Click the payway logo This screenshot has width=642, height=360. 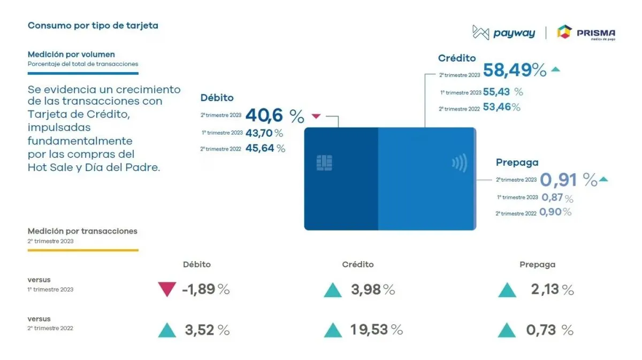(503, 33)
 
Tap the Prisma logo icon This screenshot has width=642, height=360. (564, 32)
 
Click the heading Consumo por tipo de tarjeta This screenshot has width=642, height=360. (93, 26)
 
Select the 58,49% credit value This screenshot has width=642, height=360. (515, 70)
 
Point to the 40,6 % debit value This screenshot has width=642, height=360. (274, 116)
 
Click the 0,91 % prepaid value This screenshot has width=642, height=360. (569, 180)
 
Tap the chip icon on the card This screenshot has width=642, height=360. (324, 163)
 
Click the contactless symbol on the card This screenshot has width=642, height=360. (460, 163)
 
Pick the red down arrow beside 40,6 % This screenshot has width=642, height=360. (316, 116)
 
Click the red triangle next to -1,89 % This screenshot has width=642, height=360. (167, 289)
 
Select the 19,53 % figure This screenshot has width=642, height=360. (376, 330)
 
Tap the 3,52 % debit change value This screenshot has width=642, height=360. (207, 330)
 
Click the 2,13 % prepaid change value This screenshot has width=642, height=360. (552, 289)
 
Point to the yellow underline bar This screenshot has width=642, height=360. (83, 250)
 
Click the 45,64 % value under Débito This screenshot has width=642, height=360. (265, 148)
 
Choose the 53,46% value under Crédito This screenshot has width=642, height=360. (502, 107)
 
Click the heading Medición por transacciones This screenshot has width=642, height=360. (82, 231)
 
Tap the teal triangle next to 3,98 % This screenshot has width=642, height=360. (333, 290)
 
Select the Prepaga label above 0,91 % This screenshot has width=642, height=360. (517, 163)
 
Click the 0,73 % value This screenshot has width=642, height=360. (550, 330)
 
